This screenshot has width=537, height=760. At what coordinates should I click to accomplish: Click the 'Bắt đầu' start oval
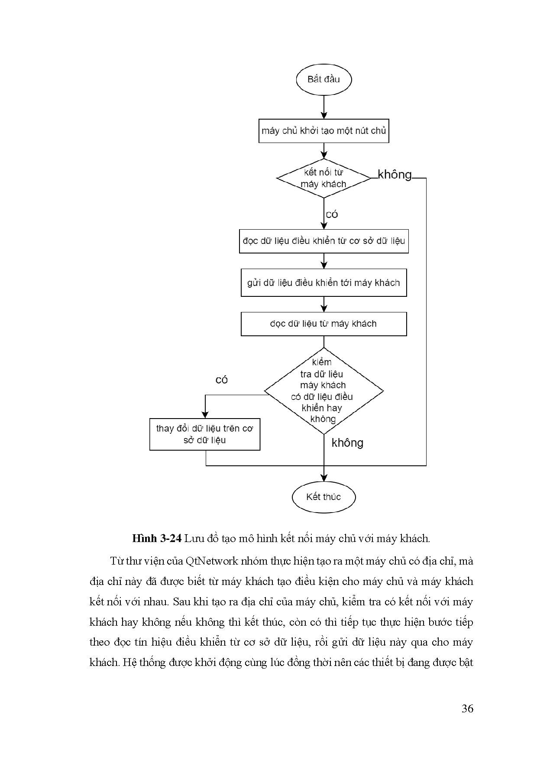[x=323, y=79]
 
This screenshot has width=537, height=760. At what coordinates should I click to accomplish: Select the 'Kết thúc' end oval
[x=323, y=497]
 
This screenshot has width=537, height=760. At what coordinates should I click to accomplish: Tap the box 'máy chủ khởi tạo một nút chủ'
[x=323, y=130]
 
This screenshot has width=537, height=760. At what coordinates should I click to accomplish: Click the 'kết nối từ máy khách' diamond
[x=323, y=178]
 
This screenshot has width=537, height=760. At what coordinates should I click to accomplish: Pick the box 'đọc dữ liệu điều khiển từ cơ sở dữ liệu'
[x=323, y=241]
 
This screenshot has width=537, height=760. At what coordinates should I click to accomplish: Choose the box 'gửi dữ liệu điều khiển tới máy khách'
[x=323, y=283]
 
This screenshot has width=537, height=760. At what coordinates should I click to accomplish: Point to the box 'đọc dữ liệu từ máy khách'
[x=323, y=324]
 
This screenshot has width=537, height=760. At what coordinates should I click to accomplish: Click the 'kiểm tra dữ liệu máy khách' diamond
[x=323, y=391]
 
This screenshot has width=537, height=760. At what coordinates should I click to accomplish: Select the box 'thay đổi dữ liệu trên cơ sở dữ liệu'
[x=205, y=434]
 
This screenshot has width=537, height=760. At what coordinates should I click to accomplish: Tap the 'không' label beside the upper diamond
[x=395, y=175]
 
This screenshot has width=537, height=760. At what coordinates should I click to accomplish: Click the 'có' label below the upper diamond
[x=332, y=214]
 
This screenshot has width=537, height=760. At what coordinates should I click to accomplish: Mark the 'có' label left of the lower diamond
[x=222, y=380]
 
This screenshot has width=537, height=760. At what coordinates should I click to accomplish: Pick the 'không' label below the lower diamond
[x=347, y=443]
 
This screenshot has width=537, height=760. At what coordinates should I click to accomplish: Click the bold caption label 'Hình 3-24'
[x=156, y=539]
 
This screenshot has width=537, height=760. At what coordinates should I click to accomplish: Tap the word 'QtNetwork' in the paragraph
[x=212, y=561]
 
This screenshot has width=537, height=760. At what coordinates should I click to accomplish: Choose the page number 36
[x=467, y=709]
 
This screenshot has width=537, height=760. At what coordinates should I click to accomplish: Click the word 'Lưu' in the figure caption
[x=192, y=539]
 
